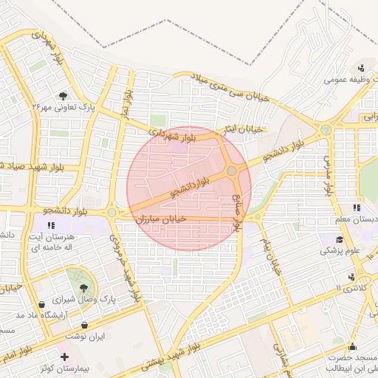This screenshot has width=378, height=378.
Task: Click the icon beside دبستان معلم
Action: [x=357, y=208]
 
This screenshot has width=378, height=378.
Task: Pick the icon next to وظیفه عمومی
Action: [x=361, y=68]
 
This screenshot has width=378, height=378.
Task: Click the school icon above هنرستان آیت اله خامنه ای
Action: [x=51, y=225]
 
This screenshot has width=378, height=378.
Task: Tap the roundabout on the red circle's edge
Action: [x=232, y=171]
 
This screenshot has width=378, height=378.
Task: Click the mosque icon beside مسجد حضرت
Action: [x=353, y=346]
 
